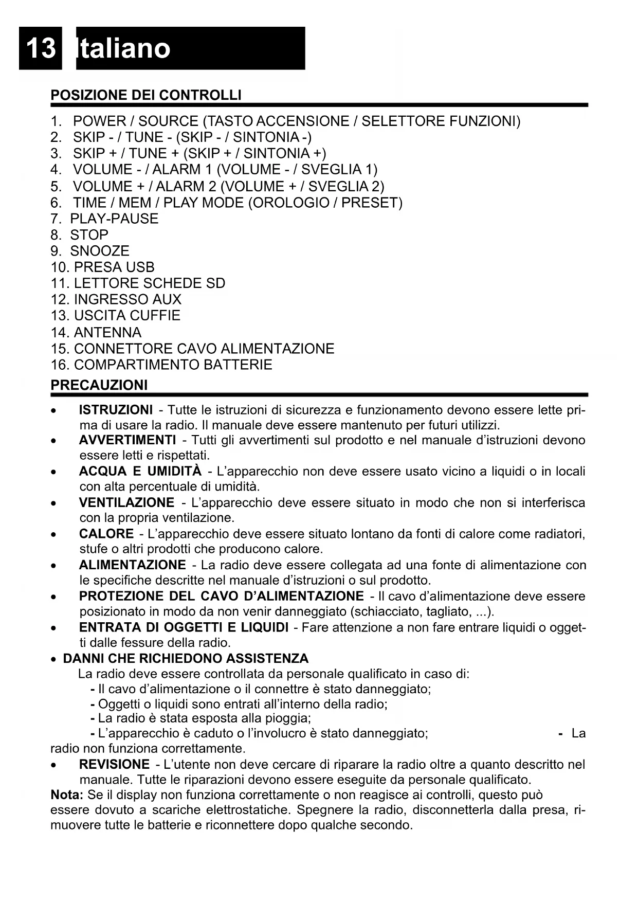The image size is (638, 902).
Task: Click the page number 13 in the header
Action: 40,48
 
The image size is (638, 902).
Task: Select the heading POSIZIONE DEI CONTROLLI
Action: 145,95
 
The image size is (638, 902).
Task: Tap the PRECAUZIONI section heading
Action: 99,385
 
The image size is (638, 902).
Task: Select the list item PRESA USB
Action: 103,267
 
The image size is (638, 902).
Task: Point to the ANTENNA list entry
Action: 96,332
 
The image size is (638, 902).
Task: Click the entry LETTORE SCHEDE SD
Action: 138,283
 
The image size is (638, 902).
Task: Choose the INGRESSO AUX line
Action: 116,299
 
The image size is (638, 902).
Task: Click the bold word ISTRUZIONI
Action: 116,410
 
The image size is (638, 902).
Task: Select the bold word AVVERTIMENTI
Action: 127,440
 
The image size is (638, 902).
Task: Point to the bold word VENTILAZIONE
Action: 126,502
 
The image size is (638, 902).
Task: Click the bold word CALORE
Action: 106,534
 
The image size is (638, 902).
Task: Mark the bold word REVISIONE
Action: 114,765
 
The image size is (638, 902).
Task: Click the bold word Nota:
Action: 67,795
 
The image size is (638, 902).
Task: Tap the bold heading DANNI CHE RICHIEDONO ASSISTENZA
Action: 186,659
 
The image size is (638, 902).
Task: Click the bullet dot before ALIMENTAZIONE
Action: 53,566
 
